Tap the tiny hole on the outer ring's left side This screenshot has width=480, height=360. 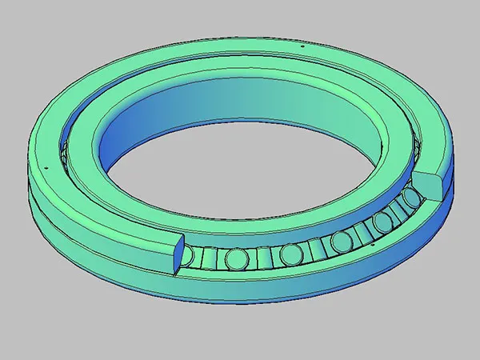[49, 167]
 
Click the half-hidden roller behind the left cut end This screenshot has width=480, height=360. [186, 256]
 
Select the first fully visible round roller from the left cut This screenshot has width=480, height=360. [237, 258]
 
